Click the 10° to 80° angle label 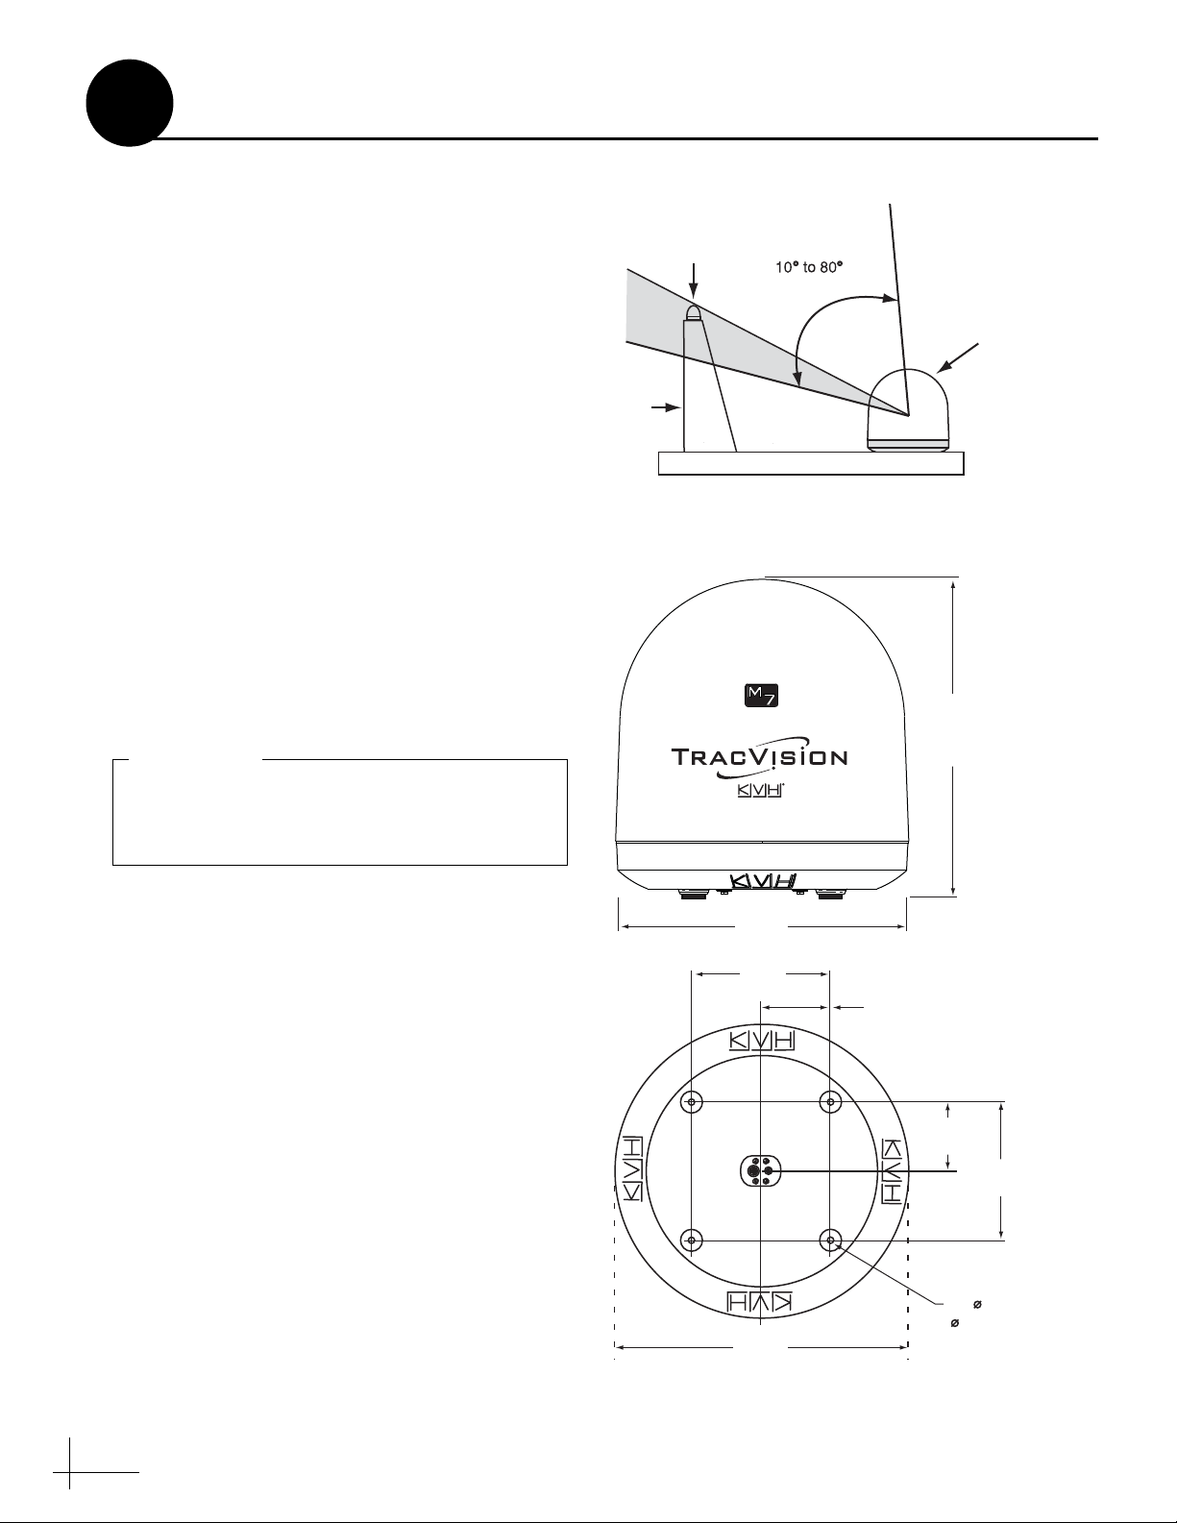808,267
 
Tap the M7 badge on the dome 761,697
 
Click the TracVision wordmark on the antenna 759,757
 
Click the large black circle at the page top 130,103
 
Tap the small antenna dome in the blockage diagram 909,410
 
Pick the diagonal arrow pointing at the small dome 959,357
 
